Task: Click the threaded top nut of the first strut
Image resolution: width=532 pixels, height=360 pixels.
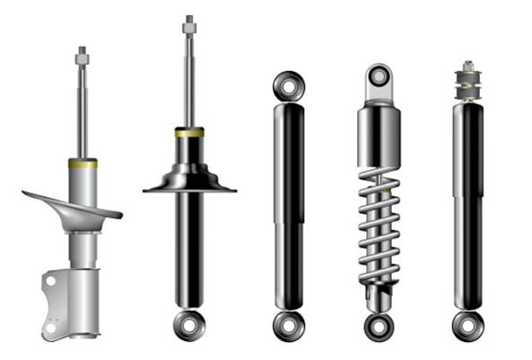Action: tap(82, 56)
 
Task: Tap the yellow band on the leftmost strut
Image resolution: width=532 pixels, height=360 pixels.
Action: tap(82, 164)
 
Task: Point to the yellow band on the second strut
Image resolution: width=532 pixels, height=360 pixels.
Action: tap(189, 132)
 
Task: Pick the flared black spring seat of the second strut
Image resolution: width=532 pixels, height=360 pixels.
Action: tap(189, 181)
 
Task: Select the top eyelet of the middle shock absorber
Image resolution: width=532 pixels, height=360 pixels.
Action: tap(289, 86)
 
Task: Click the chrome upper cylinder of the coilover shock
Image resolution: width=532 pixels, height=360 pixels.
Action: tap(379, 135)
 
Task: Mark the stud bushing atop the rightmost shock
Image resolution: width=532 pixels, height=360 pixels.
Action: tap(467, 81)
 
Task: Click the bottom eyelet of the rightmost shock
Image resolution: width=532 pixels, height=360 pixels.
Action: tap(467, 324)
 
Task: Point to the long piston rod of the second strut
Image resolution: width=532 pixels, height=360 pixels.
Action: tap(189, 81)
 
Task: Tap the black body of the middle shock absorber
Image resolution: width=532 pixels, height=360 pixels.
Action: tap(289, 207)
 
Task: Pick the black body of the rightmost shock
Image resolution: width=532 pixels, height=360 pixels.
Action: tap(467, 207)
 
